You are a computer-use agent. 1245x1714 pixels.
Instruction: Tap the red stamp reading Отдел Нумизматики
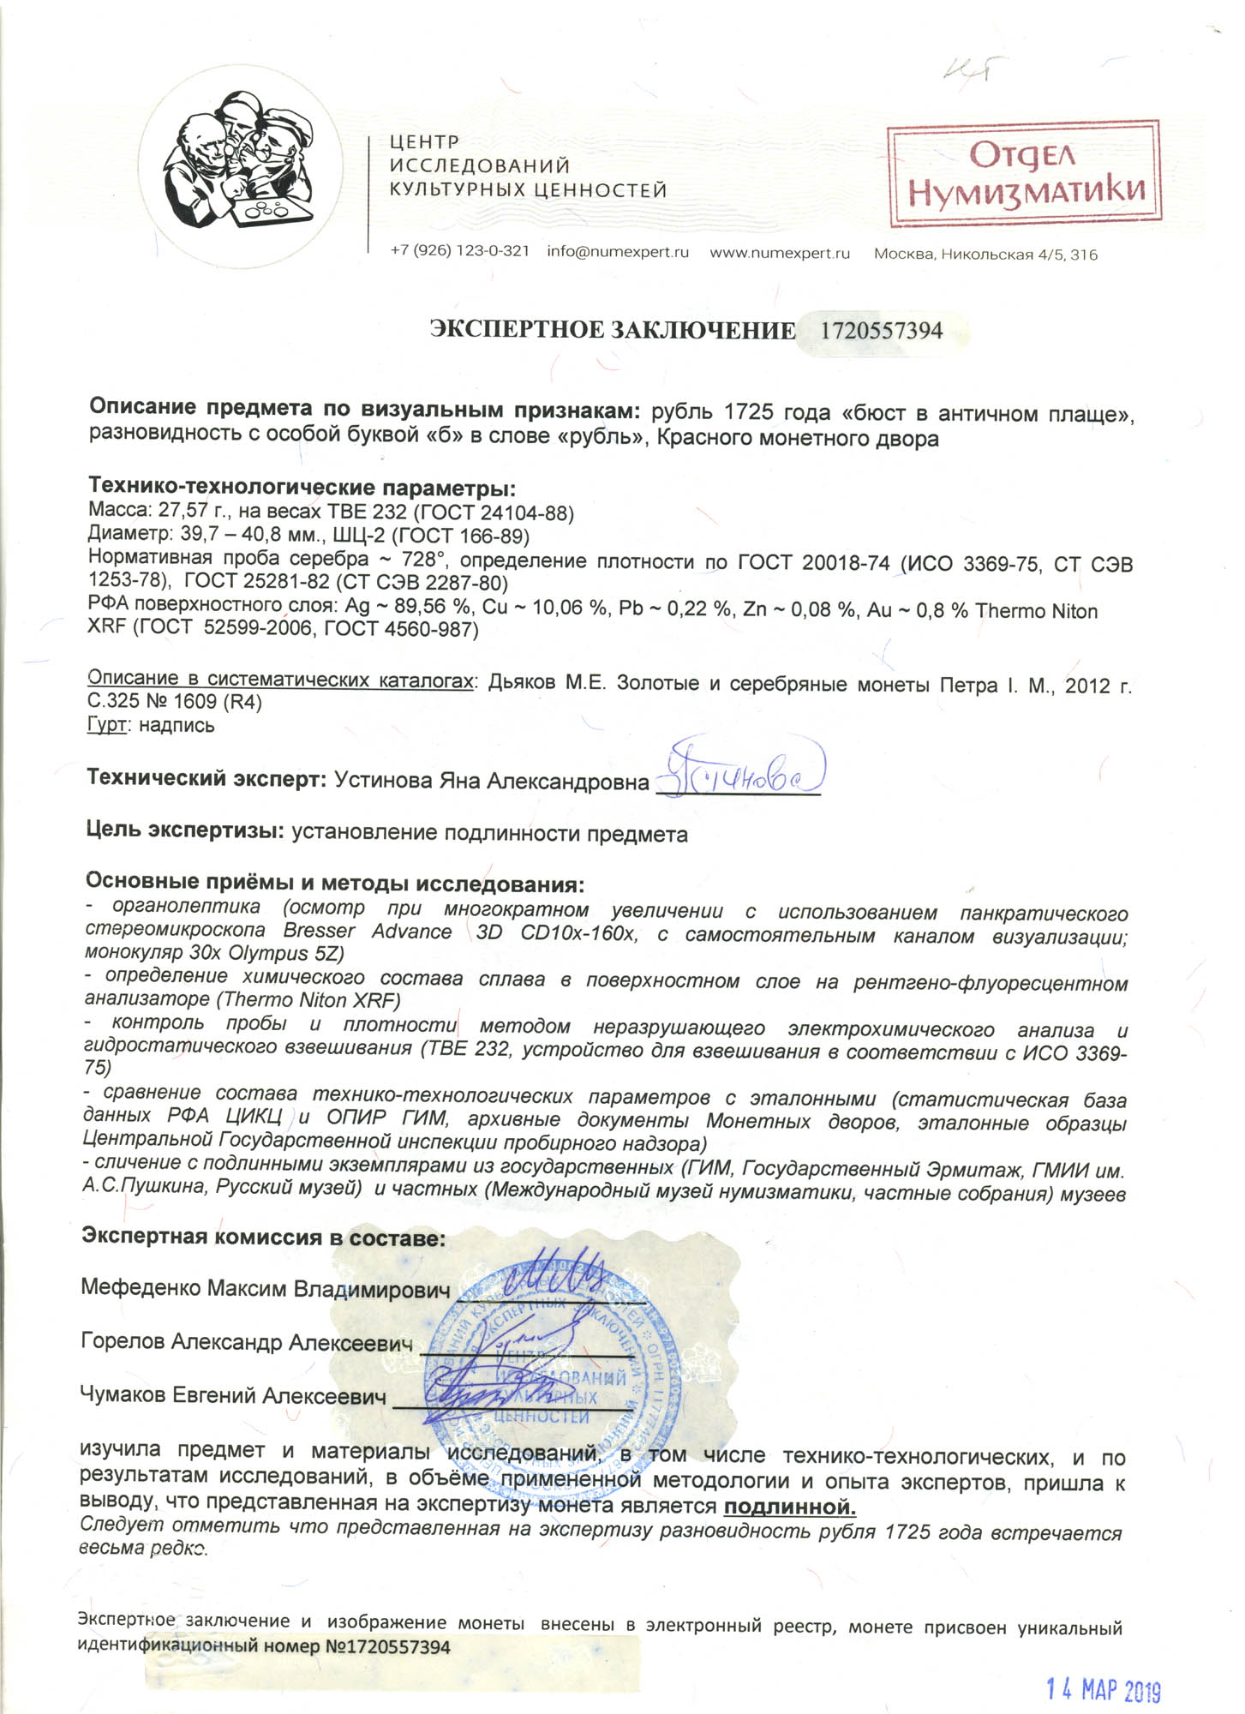(1024, 174)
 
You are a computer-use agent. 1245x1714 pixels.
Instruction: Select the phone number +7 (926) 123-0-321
(459, 252)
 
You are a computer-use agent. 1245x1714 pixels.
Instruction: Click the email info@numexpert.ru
(618, 253)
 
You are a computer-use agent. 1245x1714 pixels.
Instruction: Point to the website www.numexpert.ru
(780, 253)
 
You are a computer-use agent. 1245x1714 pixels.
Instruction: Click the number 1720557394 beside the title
(882, 331)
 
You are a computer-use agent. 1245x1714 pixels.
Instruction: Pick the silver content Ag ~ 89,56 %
(409, 607)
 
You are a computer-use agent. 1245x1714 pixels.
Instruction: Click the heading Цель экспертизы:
(185, 831)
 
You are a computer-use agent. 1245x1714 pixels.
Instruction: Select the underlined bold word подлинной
(790, 1507)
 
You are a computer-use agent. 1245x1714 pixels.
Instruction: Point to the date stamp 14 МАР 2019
(1103, 1666)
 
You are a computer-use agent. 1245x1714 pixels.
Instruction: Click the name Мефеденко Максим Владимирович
(266, 1288)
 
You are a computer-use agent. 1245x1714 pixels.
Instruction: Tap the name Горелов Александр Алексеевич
(247, 1341)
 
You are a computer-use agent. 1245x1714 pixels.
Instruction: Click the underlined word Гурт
(106, 725)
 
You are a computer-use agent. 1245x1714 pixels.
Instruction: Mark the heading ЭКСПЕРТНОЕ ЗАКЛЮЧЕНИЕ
(612, 331)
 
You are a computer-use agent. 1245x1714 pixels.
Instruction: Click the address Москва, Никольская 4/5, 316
(985, 255)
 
